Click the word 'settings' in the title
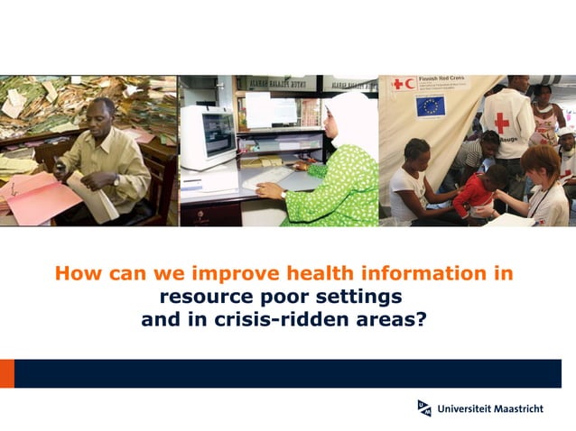click(x=361, y=297)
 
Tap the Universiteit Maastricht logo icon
click(x=424, y=408)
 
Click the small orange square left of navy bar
click(x=7, y=373)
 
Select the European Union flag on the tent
click(x=431, y=105)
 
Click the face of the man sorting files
click(x=102, y=117)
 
